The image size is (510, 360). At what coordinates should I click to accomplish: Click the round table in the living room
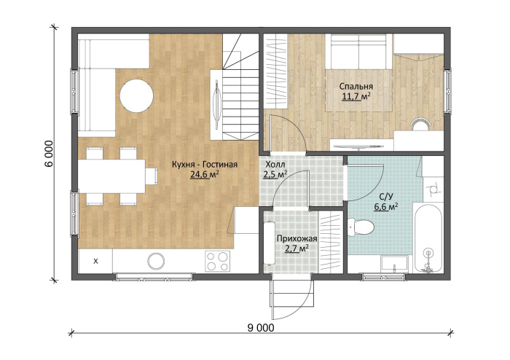(x=136, y=95)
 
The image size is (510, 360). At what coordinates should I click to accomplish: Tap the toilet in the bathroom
(x=361, y=227)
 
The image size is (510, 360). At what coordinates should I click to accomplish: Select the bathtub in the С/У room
(x=428, y=238)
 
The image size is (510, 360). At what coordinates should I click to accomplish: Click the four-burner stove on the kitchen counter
(x=217, y=262)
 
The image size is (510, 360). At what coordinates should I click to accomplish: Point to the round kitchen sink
(x=156, y=261)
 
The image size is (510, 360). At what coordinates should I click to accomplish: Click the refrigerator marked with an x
(x=95, y=261)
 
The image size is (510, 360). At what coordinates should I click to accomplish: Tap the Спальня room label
(x=356, y=87)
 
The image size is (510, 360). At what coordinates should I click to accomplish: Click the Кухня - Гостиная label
(x=205, y=165)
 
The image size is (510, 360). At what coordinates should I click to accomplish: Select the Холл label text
(x=275, y=164)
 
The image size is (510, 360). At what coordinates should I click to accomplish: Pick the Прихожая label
(x=297, y=239)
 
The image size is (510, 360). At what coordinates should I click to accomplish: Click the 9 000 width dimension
(x=261, y=328)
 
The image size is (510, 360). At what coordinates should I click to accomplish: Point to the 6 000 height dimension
(x=49, y=154)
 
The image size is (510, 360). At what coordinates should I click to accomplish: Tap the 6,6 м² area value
(x=386, y=207)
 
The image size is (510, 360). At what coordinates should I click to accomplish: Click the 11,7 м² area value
(x=356, y=96)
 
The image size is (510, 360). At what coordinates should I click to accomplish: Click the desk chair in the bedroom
(x=420, y=124)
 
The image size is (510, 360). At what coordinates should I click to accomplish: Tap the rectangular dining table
(x=111, y=176)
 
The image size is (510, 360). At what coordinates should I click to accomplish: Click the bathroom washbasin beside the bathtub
(x=395, y=263)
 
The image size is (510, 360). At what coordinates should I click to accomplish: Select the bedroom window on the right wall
(x=447, y=91)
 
